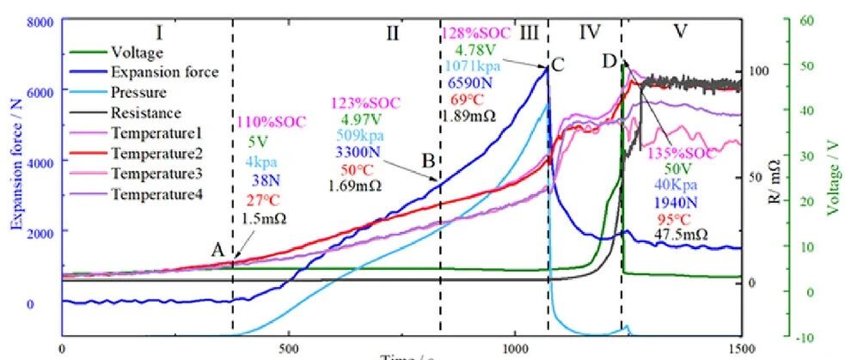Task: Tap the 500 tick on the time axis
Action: coord(288,349)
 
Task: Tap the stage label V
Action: coord(680,32)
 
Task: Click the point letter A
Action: coord(218,249)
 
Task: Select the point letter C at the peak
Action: coord(559,63)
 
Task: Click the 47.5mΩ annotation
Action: coord(681,234)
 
